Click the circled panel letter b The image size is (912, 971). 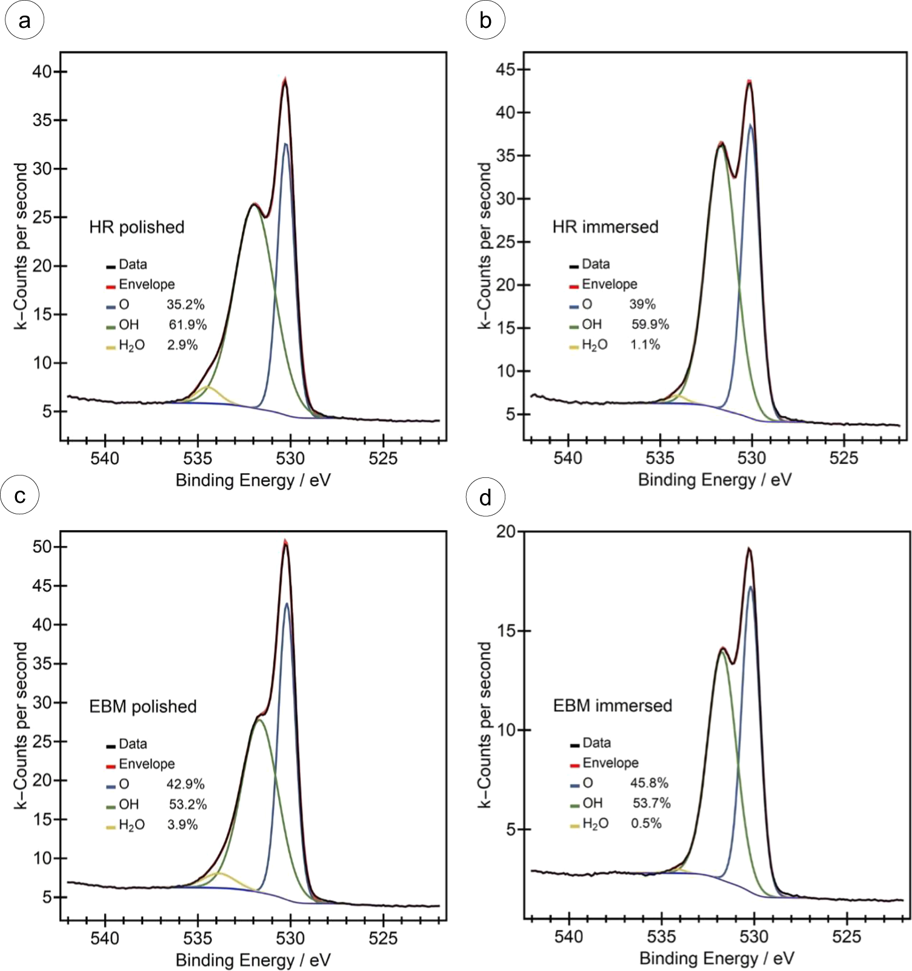pyautogui.click(x=485, y=20)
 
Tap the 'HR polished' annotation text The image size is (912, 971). pyautogui.click(x=136, y=227)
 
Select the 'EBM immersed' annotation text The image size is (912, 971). pyautogui.click(x=612, y=706)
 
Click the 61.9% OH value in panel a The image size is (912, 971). pyautogui.click(x=188, y=325)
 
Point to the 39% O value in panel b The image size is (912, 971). pyautogui.click(x=642, y=304)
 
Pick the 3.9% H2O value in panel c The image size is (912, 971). pyautogui.click(x=182, y=824)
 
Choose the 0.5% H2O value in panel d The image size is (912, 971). pyautogui.click(x=646, y=823)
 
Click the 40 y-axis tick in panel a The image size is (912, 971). pyautogui.click(x=42, y=71)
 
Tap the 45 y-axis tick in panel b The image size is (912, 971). pyautogui.click(x=505, y=70)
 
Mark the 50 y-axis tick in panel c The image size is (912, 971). pyautogui.click(x=42, y=547)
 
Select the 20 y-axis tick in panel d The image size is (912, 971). pyautogui.click(x=505, y=531)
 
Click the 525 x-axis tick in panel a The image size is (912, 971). pyautogui.click(x=383, y=459)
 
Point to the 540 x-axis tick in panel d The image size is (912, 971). pyautogui.click(x=569, y=937)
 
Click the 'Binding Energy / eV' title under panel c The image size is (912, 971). pyautogui.click(x=253, y=959)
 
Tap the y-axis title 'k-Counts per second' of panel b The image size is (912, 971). pyautogui.click(x=484, y=245)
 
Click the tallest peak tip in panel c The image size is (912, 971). pyautogui.click(x=285, y=542)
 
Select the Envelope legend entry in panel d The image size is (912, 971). pyautogui.click(x=610, y=763)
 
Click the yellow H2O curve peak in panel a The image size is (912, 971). pyautogui.click(x=208, y=386)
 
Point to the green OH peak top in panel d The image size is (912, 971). pyautogui.click(x=722, y=652)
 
